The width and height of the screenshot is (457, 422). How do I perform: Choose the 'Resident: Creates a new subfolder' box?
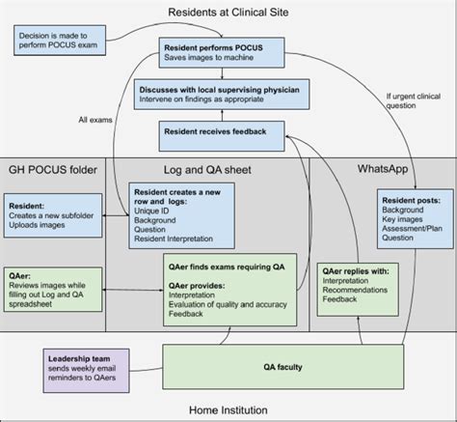pyautogui.click(x=53, y=215)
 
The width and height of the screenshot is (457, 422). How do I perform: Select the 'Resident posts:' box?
pyautogui.click(x=411, y=216)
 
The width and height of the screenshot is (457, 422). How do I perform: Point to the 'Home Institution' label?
pyautogui.click(x=228, y=409)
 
